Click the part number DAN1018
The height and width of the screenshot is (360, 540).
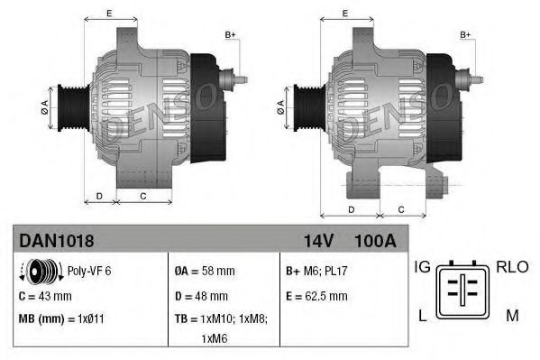pos(57,241)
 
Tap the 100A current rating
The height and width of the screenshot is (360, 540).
pos(375,241)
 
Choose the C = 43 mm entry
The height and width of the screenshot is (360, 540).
pos(46,295)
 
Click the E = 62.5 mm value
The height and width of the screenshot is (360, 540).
pos(316,295)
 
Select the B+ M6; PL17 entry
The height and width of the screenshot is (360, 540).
pos(317,270)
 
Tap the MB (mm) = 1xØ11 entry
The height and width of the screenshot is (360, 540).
pos(57,318)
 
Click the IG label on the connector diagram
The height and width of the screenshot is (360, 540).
pos(423,267)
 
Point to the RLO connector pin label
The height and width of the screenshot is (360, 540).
pos(510,267)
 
